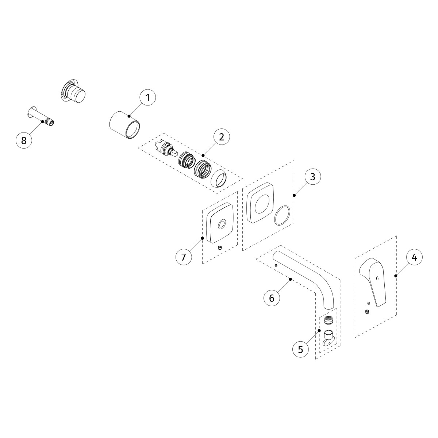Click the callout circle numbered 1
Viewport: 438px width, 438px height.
[x=147, y=98]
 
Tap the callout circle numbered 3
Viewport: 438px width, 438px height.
[x=312, y=177]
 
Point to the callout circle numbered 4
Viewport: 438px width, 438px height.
[x=414, y=257]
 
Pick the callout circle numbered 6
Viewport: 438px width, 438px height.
[x=272, y=298]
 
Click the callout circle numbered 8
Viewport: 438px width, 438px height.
[x=24, y=141]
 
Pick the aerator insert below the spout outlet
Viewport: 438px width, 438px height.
[x=328, y=320]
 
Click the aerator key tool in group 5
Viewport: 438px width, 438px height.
[x=327, y=338]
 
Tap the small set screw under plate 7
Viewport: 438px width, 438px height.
[x=220, y=248]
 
